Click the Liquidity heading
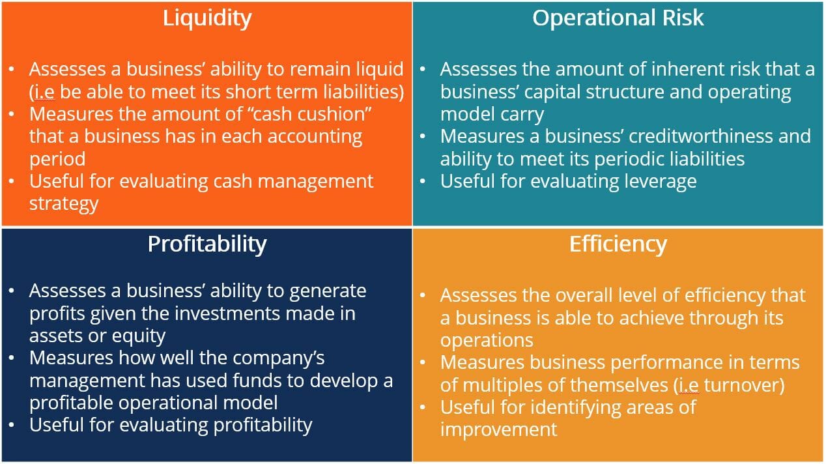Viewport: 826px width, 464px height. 206,18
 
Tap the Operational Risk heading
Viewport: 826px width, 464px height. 618,18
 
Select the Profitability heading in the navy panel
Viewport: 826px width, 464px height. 206,244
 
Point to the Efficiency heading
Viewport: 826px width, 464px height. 618,244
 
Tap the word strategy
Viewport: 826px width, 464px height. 63,203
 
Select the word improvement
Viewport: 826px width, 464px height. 498,429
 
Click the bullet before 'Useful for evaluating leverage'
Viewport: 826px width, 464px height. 423,181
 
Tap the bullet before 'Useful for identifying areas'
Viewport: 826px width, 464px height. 423,407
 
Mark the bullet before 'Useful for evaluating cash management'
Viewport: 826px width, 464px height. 13,181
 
